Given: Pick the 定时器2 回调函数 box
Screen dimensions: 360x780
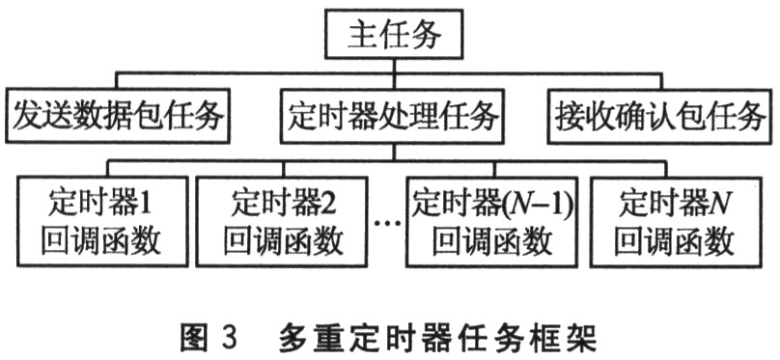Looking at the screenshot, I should pyautogui.click(x=284, y=221).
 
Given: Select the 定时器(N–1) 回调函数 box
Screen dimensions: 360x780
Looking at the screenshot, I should pyautogui.click(x=491, y=221).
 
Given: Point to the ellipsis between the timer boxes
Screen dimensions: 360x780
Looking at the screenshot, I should pyautogui.click(x=386, y=224).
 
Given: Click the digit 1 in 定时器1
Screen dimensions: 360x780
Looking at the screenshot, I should pyautogui.click(x=151, y=203).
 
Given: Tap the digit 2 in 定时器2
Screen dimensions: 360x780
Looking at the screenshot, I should pyautogui.click(x=333, y=203).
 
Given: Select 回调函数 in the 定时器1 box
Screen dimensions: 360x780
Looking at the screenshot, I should pyautogui.click(x=101, y=239).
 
